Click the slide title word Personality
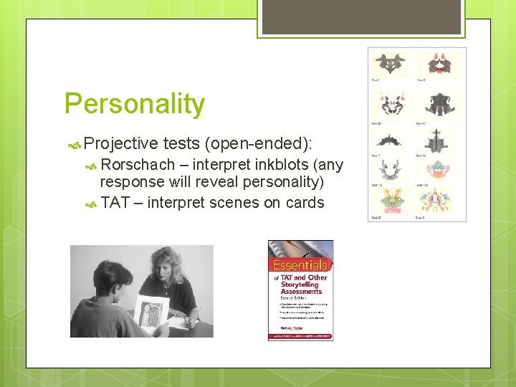coord(135,105)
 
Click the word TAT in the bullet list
coord(115,203)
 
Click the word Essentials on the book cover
coord(300,264)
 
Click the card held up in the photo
coord(151,312)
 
